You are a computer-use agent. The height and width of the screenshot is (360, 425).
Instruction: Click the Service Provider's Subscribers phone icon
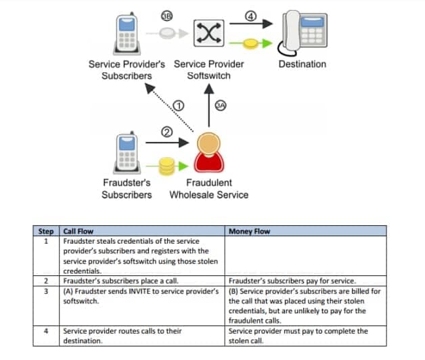tap(127, 33)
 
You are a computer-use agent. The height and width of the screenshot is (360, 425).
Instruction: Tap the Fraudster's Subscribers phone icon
tap(127, 152)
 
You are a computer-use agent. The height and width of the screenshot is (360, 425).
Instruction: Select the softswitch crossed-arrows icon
tap(208, 33)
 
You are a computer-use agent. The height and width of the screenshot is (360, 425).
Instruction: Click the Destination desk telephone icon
tap(303, 33)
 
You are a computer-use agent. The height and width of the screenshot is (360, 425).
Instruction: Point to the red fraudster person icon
tap(208, 152)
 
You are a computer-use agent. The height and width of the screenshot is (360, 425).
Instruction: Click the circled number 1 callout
tap(179, 106)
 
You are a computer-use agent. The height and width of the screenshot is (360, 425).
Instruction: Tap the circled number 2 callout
tap(167, 132)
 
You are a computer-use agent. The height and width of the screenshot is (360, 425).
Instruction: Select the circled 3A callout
tap(221, 106)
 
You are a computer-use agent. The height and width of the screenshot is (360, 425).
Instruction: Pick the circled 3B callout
tap(167, 16)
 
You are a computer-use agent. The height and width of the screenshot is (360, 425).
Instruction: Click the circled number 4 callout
tap(250, 16)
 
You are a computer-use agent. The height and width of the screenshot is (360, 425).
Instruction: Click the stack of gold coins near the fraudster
tap(166, 166)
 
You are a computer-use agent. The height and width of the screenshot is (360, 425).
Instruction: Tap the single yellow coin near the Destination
tap(250, 43)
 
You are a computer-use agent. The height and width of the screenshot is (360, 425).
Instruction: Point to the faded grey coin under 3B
tap(167, 33)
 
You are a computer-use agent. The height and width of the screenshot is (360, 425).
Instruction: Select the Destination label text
tap(303, 64)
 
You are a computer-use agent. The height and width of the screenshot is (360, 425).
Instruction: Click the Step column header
tap(46, 231)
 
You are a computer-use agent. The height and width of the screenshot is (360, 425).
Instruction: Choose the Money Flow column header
tap(249, 231)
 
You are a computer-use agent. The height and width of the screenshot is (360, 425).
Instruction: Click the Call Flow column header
tap(78, 231)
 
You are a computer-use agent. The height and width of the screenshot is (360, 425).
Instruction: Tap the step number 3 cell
tap(46, 292)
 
